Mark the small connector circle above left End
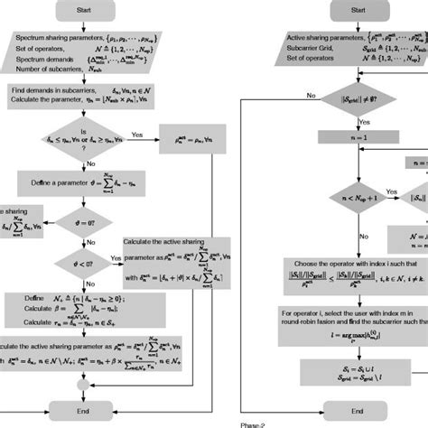[x=82, y=384]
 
